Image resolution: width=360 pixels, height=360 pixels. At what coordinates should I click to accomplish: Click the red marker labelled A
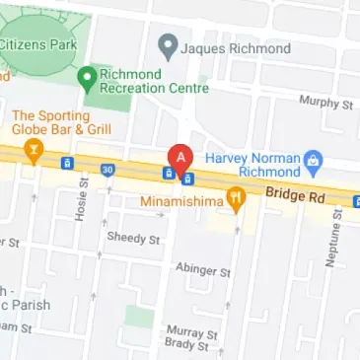180,159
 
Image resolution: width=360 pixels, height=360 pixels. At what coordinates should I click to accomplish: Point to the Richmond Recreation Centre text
155,80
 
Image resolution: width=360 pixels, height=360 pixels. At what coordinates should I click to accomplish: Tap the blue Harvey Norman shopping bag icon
314,159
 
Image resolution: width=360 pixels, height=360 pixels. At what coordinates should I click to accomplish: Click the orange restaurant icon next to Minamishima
236,200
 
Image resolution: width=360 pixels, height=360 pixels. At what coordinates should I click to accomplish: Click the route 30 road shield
107,170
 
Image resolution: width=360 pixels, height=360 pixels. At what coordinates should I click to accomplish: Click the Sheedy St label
134,238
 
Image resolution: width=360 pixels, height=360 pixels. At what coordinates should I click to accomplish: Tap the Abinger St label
201,269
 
